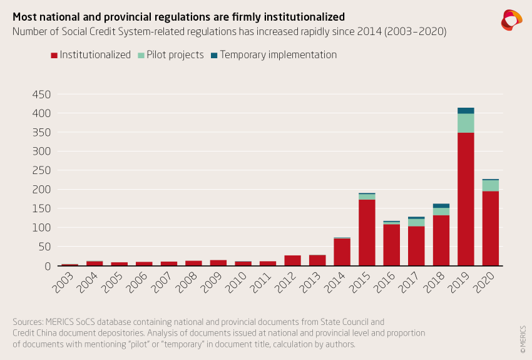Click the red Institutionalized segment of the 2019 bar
[466, 199]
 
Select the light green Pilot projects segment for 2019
[466, 123]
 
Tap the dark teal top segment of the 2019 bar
[466, 111]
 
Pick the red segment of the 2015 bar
[367, 232]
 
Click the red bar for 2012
[292, 260]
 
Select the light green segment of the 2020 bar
[491, 185]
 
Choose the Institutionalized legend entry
[91, 55]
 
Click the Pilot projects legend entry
[171, 55]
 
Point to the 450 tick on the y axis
[41, 95]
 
